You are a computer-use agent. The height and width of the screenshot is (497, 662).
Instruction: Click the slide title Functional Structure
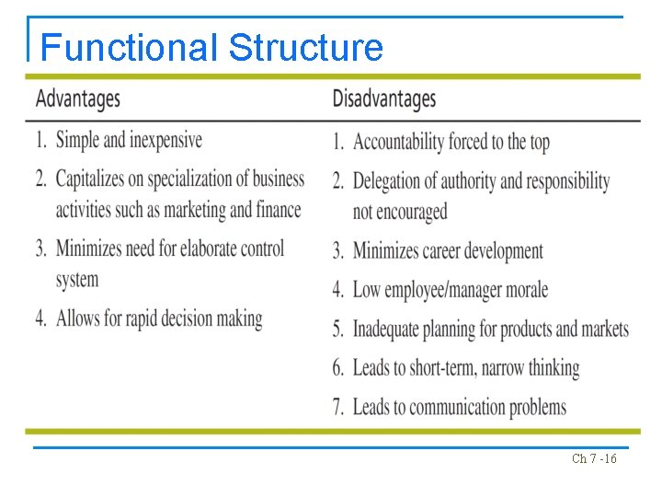pos(211,47)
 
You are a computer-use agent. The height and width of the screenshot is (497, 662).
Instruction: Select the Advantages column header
pos(78,98)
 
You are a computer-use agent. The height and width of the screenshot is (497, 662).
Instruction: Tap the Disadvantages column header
pos(383,98)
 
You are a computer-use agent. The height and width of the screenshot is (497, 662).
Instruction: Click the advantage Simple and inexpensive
pos(129,140)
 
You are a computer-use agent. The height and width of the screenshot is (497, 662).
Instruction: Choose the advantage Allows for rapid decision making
pos(159,318)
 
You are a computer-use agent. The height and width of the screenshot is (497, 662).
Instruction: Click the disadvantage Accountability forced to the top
pos(451,142)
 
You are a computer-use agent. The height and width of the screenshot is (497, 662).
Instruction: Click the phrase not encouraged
pos(400,211)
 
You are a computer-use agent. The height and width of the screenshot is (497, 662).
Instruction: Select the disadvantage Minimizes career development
pos(448,250)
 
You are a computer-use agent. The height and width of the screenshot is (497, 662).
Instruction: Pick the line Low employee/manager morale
pos(450,290)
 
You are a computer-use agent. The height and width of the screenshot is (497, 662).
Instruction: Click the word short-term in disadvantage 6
pos(437,368)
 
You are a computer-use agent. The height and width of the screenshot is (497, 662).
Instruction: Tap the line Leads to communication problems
pos(460,407)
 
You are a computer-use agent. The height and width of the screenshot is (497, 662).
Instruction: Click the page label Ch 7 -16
pos(594,458)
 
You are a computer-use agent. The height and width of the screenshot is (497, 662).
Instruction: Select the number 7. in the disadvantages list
pos(339,407)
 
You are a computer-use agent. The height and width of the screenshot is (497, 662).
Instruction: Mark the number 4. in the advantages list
pos(41,318)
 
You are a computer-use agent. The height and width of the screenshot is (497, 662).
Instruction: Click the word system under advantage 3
pos(77,280)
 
